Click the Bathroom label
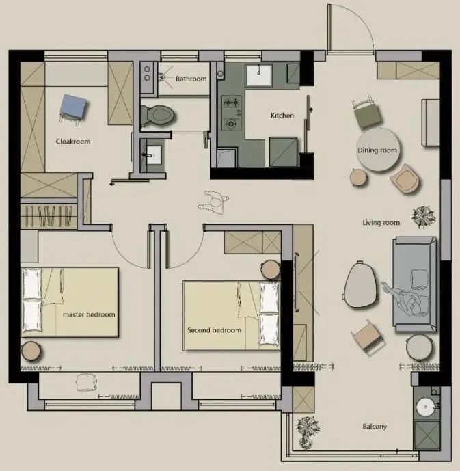(x=191, y=79)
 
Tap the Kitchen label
(x=282, y=116)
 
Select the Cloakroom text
(x=73, y=142)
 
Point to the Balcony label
(x=375, y=427)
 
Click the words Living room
(x=381, y=223)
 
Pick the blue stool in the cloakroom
(x=73, y=108)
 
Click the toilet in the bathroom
(x=157, y=115)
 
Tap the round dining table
(x=379, y=150)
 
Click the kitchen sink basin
(x=259, y=75)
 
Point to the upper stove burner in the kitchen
(x=232, y=103)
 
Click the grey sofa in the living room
(x=415, y=284)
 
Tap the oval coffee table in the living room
(x=360, y=284)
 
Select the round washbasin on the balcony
(x=426, y=407)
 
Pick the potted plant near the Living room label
(x=423, y=217)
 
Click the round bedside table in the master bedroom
(x=31, y=351)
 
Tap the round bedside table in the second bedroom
(x=270, y=269)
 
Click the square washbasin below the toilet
(x=153, y=155)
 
